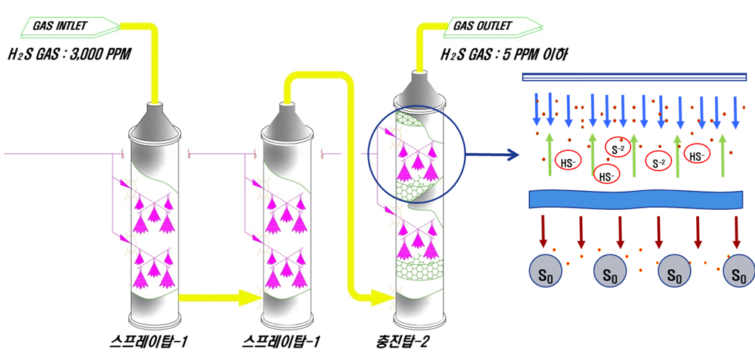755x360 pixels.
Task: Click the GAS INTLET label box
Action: pos(69,26)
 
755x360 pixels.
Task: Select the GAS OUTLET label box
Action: pos(493,26)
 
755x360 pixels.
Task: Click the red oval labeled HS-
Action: pos(566,161)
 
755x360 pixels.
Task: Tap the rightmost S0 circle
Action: pos(739,272)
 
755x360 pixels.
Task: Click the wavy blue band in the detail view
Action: pos(635,199)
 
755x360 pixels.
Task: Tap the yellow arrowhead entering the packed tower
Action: pos(380,295)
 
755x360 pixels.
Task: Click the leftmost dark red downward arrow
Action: pos(542,230)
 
